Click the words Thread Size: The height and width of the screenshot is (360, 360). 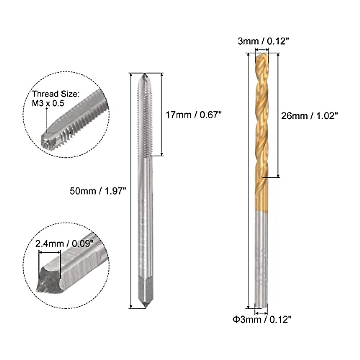pos(56,94)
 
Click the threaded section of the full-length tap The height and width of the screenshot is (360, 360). pos(145,120)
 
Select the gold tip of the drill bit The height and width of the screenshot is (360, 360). pos(261,57)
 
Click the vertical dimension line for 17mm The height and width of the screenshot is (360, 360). pos(162,114)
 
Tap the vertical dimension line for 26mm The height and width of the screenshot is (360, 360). pos(279,115)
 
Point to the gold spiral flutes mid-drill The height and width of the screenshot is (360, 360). pos(261,120)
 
